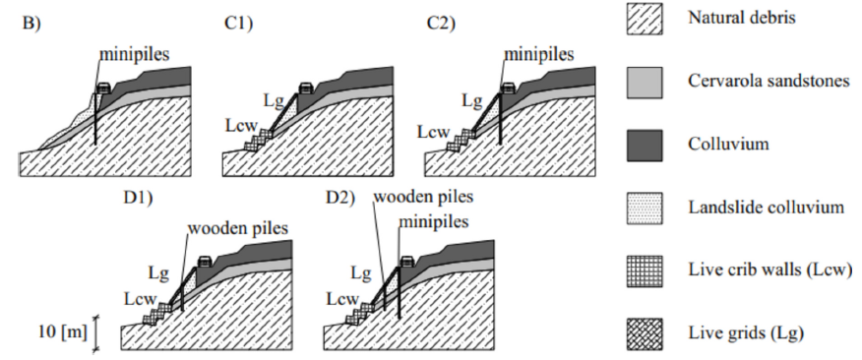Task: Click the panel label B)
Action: coord(31,25)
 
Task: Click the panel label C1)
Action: coord(238,25)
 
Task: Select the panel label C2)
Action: coord(441,25)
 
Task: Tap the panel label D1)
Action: coord(138,198)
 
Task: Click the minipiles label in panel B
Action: coord(134,54)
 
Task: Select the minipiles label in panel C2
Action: coord(539,54)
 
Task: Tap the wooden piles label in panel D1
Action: coord(237,228)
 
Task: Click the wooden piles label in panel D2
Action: coord(423,196)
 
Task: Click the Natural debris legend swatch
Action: coord(645,20)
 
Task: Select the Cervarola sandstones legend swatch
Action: coord(645,83)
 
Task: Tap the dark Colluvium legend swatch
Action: coord(645,146)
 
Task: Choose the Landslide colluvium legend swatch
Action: coord(645,209)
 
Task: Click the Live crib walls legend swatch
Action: coord(645,270)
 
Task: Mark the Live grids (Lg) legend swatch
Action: coord(645,333)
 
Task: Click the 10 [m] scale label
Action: coord(63,333)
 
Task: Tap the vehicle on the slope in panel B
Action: coord(103,88)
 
